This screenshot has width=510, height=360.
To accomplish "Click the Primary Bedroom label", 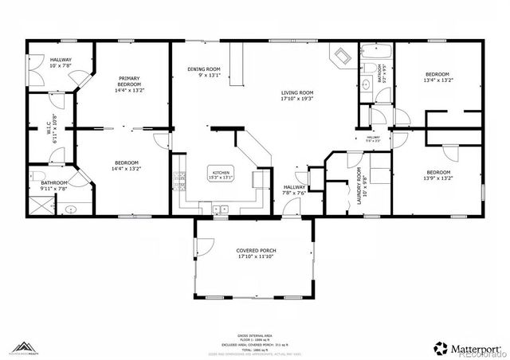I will pyautogui.click(x=128, y=80).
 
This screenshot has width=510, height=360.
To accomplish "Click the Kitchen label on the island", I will pyautogui.click(x=220, y=173).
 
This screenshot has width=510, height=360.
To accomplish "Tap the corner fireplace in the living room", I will pyautogui.click(x=341, y=57).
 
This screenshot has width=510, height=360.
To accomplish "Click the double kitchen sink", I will pyautogui.click(x=219, y=209).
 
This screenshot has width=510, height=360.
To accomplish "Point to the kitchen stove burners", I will pyautogui.click(x=182, y=186).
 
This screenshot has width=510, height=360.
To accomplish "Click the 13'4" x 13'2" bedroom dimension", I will pyautogui.click(x=437, y=80).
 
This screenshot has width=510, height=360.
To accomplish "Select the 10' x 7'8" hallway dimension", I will pyautogui.click(x=41, y=65).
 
